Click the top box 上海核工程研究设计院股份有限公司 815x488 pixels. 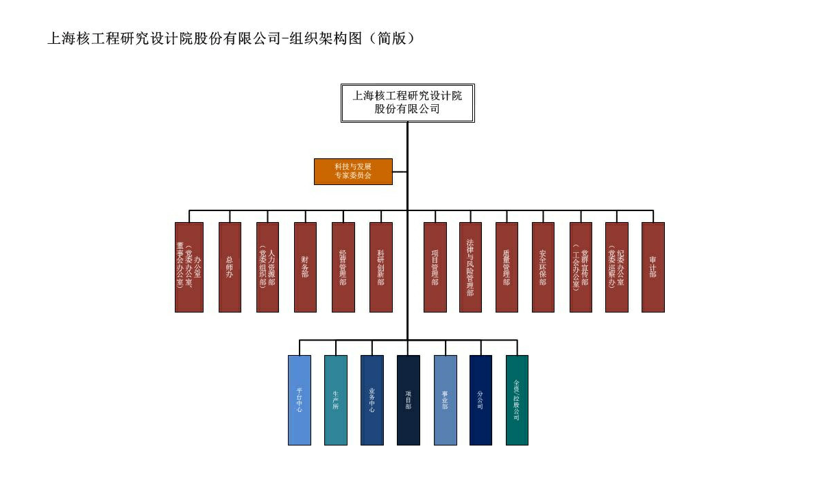[407, 102]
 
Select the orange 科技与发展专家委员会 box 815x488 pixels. [353, 171]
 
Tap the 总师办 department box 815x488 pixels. [230, 267]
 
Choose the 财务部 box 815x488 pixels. [305, 267]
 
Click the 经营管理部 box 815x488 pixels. [343, 267]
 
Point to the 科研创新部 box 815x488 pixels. [380, 267]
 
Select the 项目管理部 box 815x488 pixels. [435, 267]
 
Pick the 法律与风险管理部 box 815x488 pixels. [470, 267]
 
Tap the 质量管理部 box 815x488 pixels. [507, 267]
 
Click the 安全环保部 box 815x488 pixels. [543, 267]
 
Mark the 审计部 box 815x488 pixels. [653, 267]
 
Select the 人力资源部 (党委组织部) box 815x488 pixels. [267, 267]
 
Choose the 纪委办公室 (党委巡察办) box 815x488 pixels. [616, 267]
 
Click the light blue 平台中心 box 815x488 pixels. [300, 400]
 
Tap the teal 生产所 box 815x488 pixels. [336, 400]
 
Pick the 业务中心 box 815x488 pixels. [372, 400]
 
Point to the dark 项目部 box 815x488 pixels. [408, 400]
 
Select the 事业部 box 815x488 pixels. [445, 400]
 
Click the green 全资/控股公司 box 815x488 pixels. [517, 400]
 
